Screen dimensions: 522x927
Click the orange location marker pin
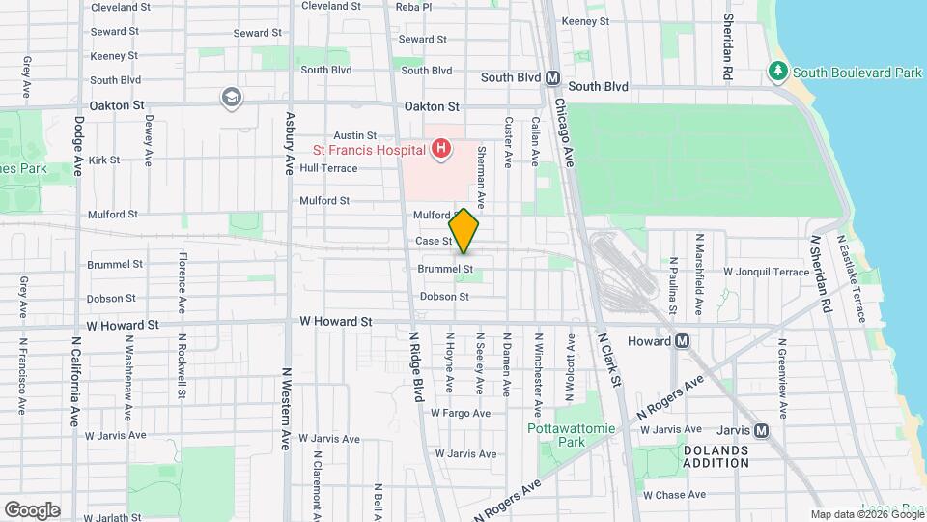click(464, 231)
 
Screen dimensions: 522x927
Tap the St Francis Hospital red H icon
click(441, 149)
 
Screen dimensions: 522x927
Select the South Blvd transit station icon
click(553, 78)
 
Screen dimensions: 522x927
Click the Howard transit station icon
click(682, 340)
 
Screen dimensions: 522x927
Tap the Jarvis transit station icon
click(761, 430)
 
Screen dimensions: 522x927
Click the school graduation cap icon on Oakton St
click(231, 96)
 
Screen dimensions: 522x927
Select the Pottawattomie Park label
click(556, 435)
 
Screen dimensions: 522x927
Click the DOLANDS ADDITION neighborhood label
click(716, 456)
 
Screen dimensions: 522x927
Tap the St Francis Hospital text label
click(368, 150)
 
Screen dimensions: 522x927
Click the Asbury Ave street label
click(288, 143)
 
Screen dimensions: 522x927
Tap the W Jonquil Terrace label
click(767, 273)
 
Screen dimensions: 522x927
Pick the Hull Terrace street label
click(328, 168)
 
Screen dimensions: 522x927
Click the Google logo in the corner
click(32, 509)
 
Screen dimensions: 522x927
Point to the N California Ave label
click(75, 381)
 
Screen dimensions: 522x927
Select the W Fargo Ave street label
click(463, 413)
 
